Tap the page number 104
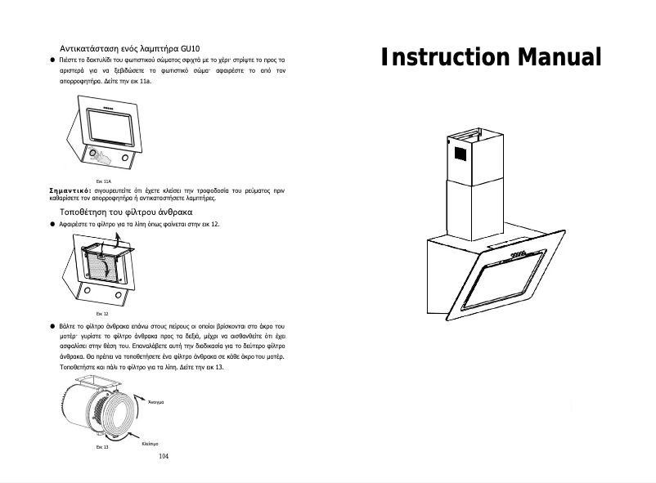click(x=163, y=458)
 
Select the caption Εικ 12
click(x=102, y=313)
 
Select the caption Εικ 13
click(x=102, y=447)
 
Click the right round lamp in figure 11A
click(x=125, y=156)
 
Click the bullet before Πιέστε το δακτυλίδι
click(x=52, y=60)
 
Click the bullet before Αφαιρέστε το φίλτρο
click(x=52, y=223)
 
